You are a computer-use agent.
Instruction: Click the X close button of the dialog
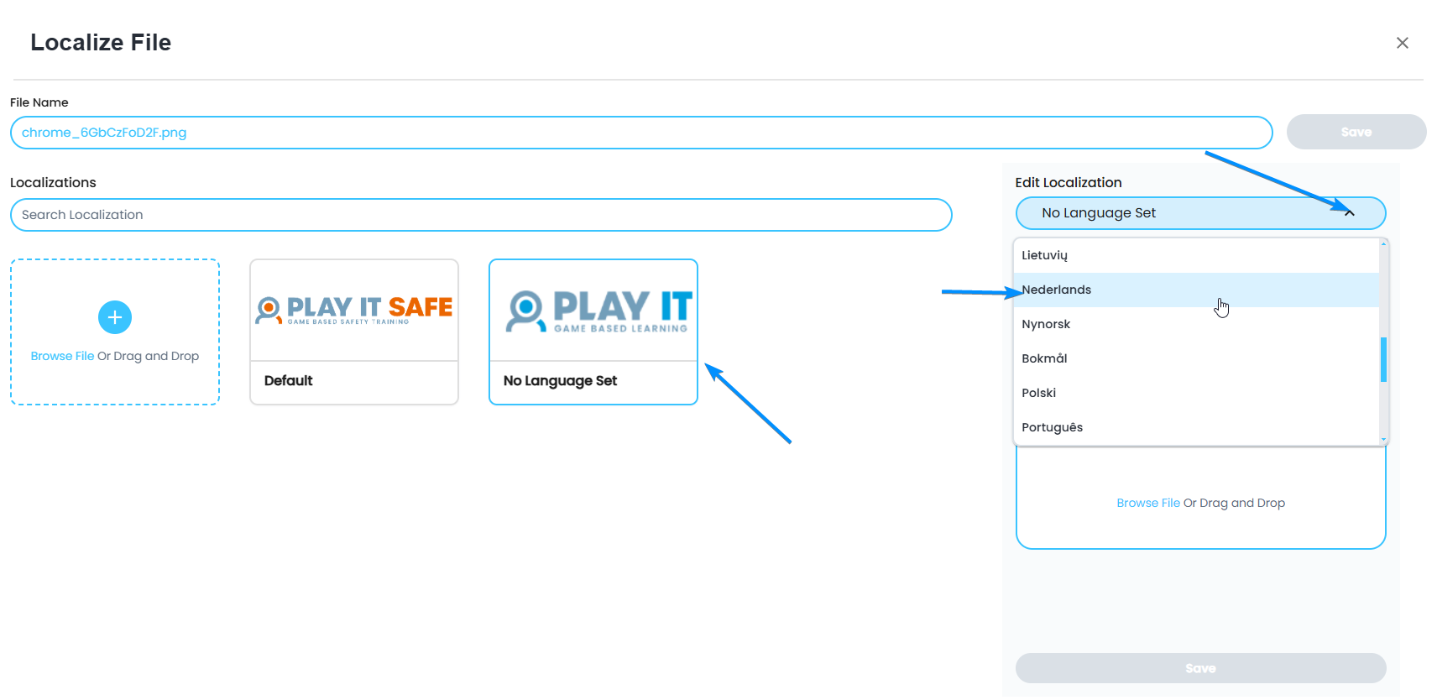[1402, 43]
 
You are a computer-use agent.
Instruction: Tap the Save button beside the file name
[1356, 133]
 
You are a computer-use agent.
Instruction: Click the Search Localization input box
[481, 215]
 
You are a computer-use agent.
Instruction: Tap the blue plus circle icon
[115, 317]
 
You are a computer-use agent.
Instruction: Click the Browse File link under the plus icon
[62, 356]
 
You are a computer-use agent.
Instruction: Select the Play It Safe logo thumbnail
[354, 311]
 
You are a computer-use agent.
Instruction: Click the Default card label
[289, 381]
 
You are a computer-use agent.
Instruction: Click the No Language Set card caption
[560, 381]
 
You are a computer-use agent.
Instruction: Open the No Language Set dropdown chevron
[1349, 213]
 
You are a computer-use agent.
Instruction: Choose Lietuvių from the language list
[1045, 255]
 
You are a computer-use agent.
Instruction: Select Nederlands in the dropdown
[1057, 290]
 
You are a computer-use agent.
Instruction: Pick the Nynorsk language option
[1046, 324]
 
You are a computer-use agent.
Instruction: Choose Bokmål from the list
[1044, 358]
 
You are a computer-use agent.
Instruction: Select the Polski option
[1039, 393]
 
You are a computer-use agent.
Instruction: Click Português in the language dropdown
[1053, 427]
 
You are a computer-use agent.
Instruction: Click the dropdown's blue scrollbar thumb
[1383, 359]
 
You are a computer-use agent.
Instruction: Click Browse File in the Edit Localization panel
[1147, 503]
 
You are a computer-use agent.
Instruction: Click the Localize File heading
[101, 43]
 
